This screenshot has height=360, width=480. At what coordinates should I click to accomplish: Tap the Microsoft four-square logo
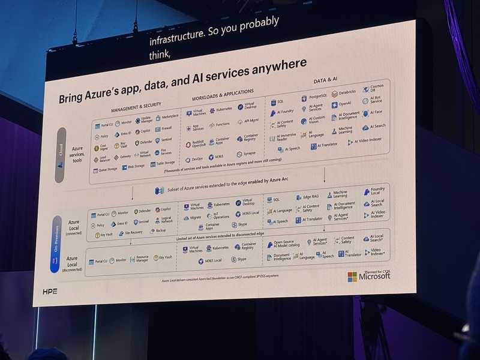tap(352, 277)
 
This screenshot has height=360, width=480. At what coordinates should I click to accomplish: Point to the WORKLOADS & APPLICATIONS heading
tap(226, 96)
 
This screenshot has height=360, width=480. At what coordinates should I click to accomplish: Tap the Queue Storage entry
tap(108, 170)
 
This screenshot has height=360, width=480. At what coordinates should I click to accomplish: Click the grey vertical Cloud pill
tap(61, 154)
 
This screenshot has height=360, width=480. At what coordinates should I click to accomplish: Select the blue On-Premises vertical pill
tap(55, 242)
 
